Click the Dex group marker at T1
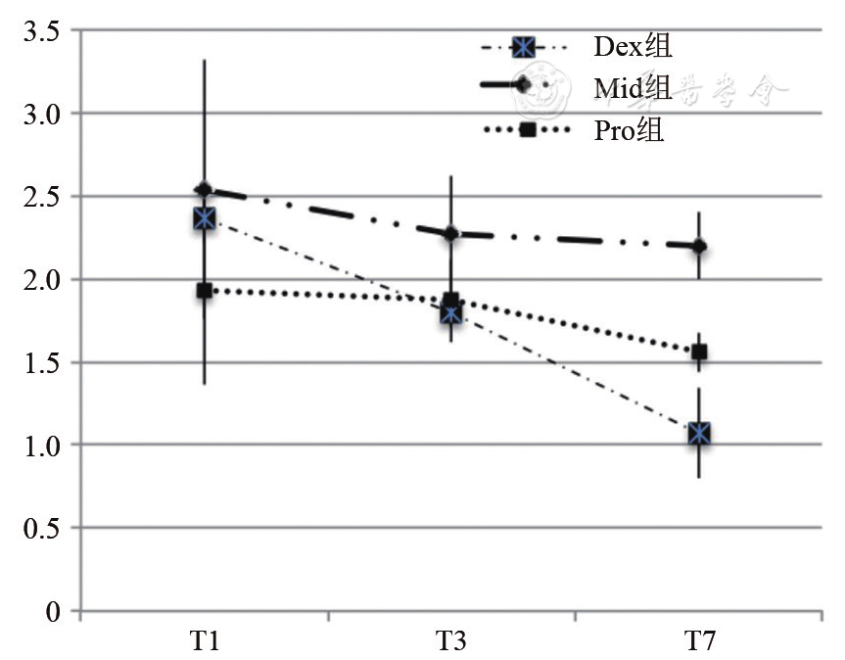coord(204,218)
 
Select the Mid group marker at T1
coord(204,190)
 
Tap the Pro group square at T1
coord(204,291)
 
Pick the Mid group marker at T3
coord(450,233)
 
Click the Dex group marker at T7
coord(698,433)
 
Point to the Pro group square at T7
coord(698,353)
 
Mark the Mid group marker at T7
coord(698,246)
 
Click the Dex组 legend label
coord(633,46)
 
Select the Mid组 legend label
coord(633,88)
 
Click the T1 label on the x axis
coord(204,642)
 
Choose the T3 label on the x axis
coord(450,642)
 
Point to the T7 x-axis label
coord(698,642)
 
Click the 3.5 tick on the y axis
coord(41,32)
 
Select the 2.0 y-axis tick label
coord(41,281)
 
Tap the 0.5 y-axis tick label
coord(41,530)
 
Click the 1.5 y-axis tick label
coord(41,364)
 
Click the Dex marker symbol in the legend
coord(526,46)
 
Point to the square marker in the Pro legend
coord(527,130)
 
